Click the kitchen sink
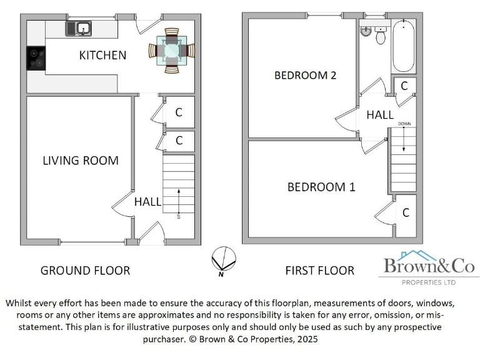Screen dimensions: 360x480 [81, 27]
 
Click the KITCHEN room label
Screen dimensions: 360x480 [102, 56]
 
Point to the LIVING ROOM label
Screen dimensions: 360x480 [80, 161]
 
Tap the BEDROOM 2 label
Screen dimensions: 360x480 [306, 76]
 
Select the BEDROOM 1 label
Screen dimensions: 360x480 [321, 187]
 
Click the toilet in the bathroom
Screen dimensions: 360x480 [380, 36]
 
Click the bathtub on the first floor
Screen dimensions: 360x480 [404, 46]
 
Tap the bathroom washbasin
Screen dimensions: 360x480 [366, 31]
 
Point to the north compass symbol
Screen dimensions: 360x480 [223, 259]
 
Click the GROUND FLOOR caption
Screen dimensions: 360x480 [85, 271]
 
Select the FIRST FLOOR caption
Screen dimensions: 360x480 [319, 271]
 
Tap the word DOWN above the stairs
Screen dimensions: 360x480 [404, 124]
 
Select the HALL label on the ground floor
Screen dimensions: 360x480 [147, 202]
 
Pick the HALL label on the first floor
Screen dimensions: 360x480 [379, 115]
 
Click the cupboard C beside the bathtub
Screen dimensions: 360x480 [404, 86]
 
